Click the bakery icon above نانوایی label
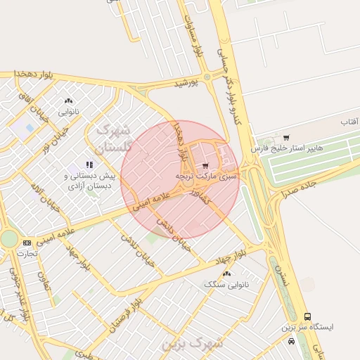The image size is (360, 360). [x=68, y=101]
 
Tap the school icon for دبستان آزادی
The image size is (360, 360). [x=89, y=165]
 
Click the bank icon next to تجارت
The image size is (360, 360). [x=27, y=243]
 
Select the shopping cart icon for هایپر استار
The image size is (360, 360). [x=285, y=137]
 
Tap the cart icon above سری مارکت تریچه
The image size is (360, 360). [x=205, y=165]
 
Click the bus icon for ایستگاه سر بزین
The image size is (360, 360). [x=307, y=316]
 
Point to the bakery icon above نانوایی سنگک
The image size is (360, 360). [x=235, y=275]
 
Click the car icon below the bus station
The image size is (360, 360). [x=291, y=341]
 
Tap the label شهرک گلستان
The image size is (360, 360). [x=112, y=138]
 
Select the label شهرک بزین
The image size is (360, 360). [x=191, y=345]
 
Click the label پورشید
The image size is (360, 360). [x=187, y=83]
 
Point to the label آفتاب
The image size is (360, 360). [x=349, y=122]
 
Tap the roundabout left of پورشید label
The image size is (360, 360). [x=206, y=77]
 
